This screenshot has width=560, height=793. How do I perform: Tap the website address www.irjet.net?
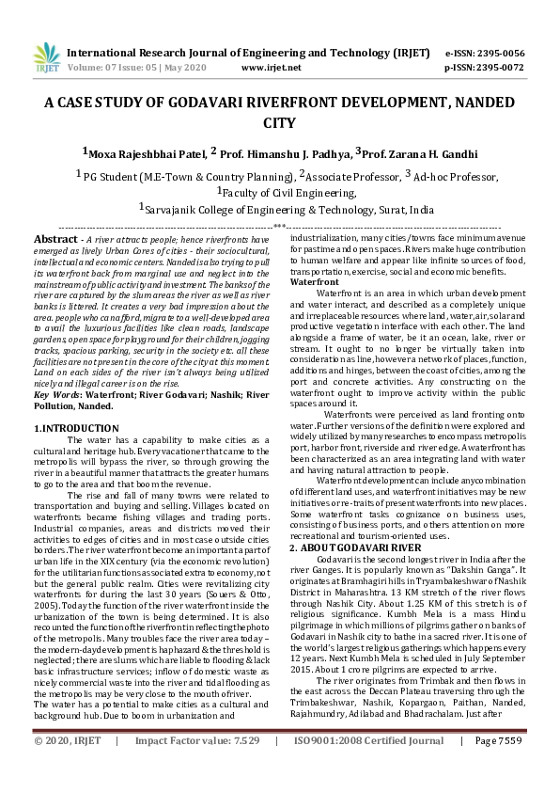pos(272,68)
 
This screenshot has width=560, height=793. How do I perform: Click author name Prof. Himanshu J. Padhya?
pos(282,153)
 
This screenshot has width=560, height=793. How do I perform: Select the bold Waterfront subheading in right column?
pos(315,282)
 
